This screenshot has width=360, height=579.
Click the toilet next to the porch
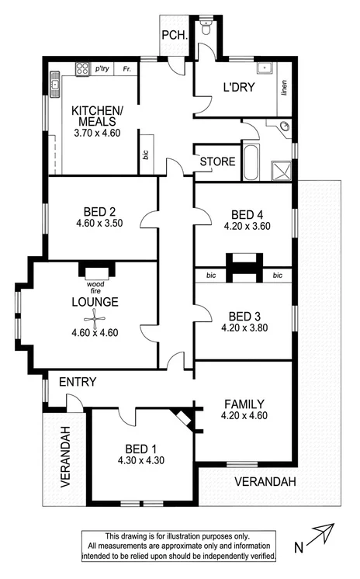click(206, 29)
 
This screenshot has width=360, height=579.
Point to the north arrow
click(321, 538)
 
